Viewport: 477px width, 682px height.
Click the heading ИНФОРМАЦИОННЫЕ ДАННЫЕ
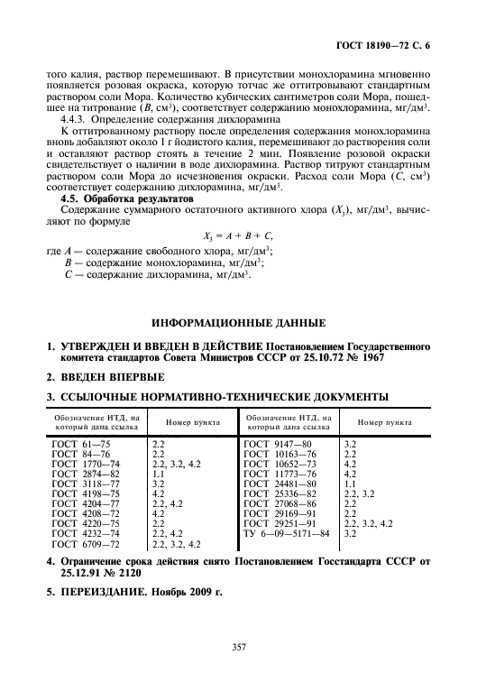click(238, 322)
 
